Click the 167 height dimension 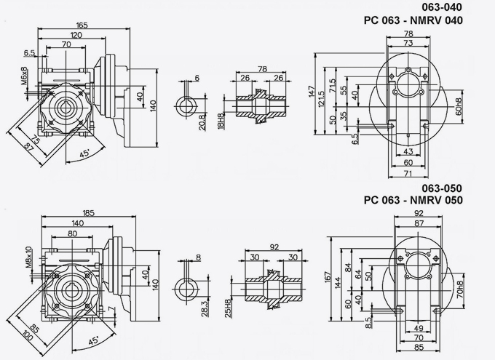point(328,278)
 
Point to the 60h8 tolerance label point(459,106)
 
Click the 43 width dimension point(407,151)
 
